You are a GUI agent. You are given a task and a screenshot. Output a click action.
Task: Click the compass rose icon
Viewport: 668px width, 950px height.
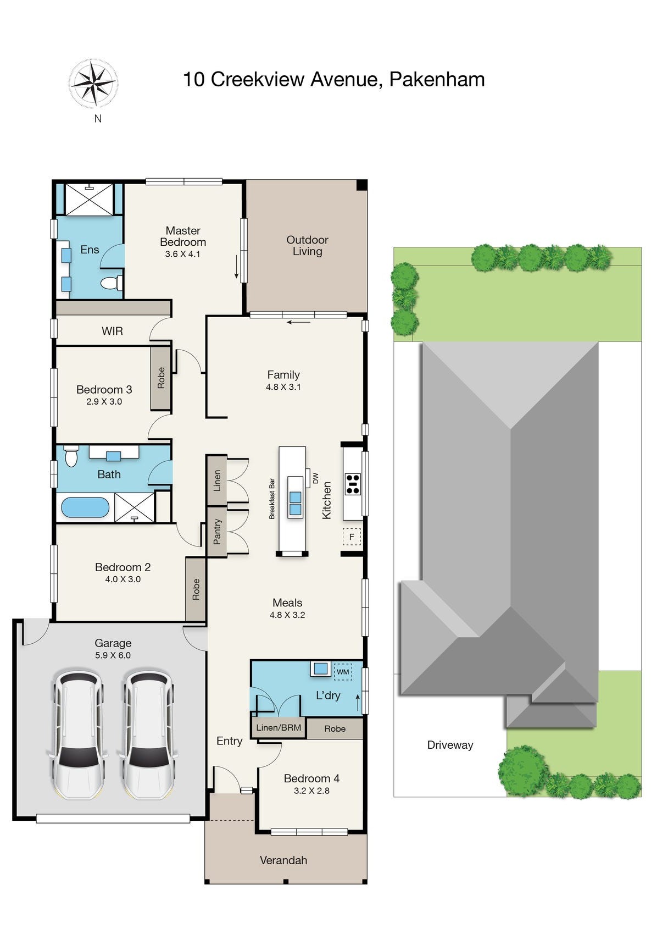tap(94, 83)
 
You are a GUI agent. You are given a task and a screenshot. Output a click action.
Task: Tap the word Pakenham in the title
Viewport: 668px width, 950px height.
tap(437, 79)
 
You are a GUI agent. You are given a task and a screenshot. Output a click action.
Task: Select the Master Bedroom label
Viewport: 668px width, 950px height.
tap(183, 236)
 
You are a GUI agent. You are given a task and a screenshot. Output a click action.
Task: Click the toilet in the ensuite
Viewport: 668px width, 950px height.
tap(112, 283)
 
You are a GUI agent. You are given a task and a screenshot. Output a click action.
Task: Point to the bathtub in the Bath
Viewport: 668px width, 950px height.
tap(85, 507)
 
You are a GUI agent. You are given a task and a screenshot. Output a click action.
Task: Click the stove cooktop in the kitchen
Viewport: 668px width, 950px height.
tap(353, 484)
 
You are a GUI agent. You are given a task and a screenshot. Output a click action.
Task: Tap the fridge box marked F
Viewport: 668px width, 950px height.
tap(352, 537)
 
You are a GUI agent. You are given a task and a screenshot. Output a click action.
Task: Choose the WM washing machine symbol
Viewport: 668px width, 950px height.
tap(343, 672)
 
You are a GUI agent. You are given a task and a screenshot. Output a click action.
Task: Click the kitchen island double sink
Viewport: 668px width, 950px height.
tap(295, 504)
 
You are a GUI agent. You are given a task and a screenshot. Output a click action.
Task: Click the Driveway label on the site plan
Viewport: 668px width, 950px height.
tap(450, 745)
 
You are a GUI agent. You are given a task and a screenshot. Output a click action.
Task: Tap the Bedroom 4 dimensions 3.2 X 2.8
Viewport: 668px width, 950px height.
tap(311, 791)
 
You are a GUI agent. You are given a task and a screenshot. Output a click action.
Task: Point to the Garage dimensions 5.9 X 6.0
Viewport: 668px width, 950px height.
tap(113, 655)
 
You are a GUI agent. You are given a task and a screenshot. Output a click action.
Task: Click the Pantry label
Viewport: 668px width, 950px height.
tap(217, 532)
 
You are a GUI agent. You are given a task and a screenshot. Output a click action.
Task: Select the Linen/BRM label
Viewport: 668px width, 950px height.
tap(279, 728)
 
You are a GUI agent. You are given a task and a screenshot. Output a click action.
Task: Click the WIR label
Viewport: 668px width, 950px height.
tap(112, 331)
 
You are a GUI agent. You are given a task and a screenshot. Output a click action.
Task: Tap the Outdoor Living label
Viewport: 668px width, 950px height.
tap(307, 245)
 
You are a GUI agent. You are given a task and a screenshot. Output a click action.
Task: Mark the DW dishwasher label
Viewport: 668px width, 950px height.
tap(315, 478)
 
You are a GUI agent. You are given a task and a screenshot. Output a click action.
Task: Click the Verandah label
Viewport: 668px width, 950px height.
tap(283, 860)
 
